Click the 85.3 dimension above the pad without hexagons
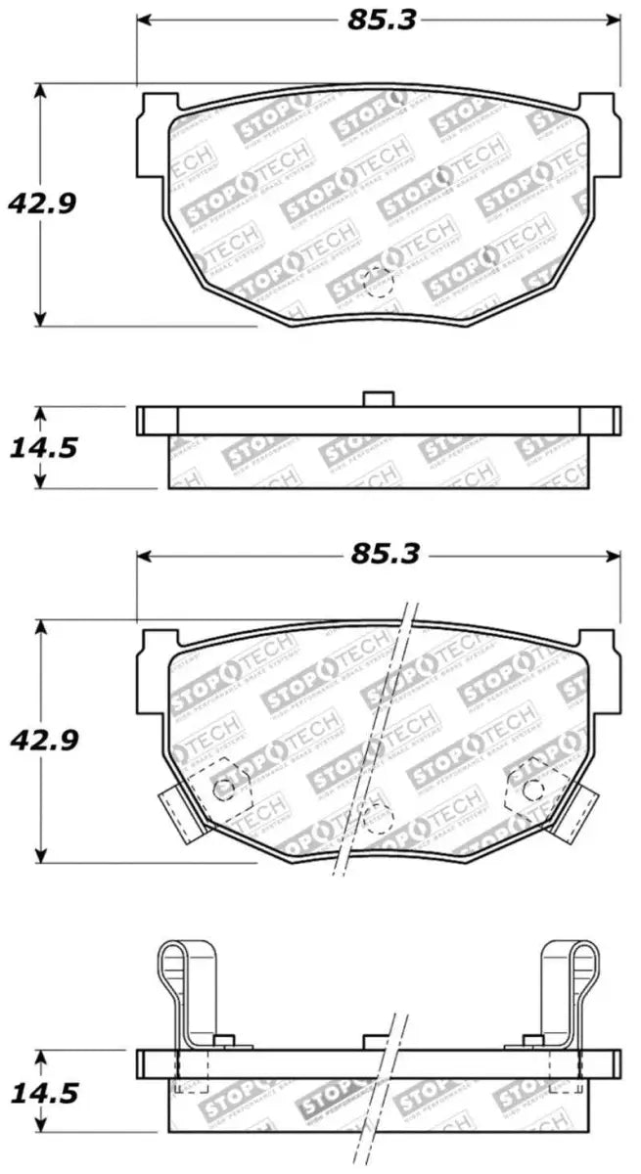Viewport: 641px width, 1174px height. (378, 20)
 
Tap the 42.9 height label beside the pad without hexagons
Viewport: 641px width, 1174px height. (41, 203)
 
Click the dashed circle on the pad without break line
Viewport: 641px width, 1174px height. (377, 284)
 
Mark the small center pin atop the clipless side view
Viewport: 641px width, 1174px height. (378, 398)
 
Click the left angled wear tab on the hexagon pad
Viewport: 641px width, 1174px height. (184, 813)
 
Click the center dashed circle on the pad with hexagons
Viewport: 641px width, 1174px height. (377, 819)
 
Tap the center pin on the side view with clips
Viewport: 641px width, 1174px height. (378, 1042)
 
